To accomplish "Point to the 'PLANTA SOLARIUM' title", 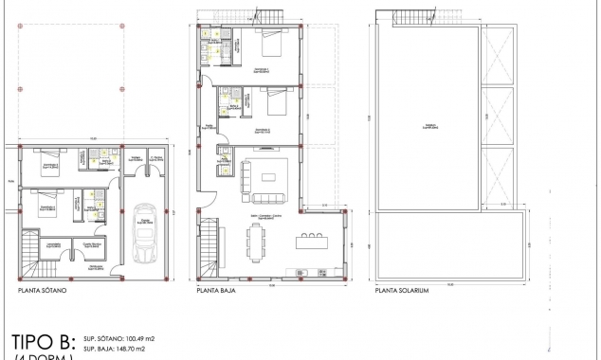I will tap(403, 293).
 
